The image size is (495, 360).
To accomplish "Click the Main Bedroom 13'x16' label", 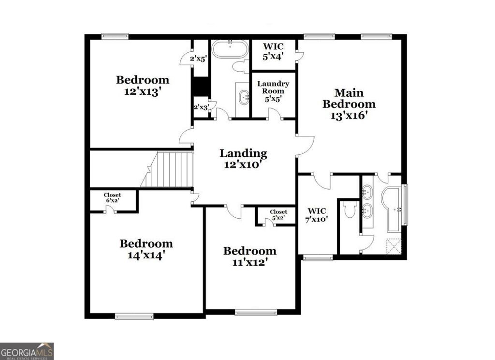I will click(349, 104).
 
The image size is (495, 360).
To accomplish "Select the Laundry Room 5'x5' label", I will click(273, 91).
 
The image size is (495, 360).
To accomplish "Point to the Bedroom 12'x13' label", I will click(142, 86).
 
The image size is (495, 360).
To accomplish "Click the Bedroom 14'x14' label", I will click(146, 249).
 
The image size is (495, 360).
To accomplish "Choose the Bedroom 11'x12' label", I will click(249, 256).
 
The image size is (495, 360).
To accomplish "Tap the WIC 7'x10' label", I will click(317, 215).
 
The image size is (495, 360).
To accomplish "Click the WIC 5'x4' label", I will click(273, 51).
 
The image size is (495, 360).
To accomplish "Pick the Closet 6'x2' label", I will click(113, 198).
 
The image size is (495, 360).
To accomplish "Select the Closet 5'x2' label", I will click(278, 215).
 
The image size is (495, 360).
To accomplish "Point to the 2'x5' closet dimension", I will click(198, 59).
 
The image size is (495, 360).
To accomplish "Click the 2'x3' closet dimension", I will click(201, 107).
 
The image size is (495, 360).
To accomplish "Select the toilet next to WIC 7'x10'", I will click(350, 210).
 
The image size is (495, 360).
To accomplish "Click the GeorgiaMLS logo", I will click(27, 351).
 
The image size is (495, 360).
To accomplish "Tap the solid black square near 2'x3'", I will click(200, 88).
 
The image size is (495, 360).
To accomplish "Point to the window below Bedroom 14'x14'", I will click(134, 316).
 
